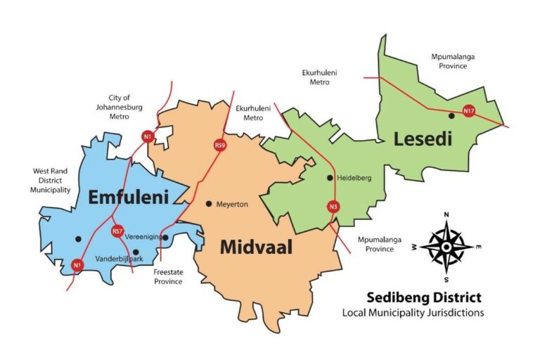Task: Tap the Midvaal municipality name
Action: click(x=256, y=247)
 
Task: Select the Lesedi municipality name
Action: click(x=423, y=139)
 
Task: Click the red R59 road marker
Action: click(x=220, y=146)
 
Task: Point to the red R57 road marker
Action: click(x=117, y=231)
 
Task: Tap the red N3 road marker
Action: click(x=333, y=207)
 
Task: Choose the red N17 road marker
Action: click(x=468, y=110)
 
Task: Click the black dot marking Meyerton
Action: click(x=209, y=204)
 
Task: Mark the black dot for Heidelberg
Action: click(x=330, y=178)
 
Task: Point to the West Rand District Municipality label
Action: click(x=51, y=180)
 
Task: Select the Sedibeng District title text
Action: click(x=423, y=297)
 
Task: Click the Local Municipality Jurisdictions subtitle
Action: click(x=413, y=313)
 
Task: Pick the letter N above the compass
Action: click(x=446, y=215)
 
